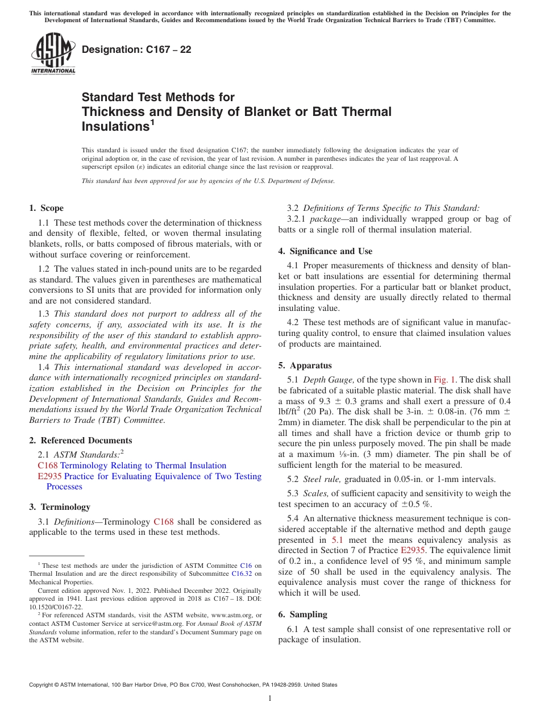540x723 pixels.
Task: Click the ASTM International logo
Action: (53, 55)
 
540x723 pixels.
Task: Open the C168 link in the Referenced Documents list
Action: (47, 466)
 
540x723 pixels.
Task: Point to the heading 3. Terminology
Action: (59, 506)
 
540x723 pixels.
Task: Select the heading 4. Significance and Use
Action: (325, 251)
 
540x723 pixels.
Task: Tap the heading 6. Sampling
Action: (302, 614)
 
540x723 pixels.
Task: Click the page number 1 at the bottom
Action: (270, 699)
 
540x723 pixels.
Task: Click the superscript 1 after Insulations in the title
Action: (151, 121)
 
